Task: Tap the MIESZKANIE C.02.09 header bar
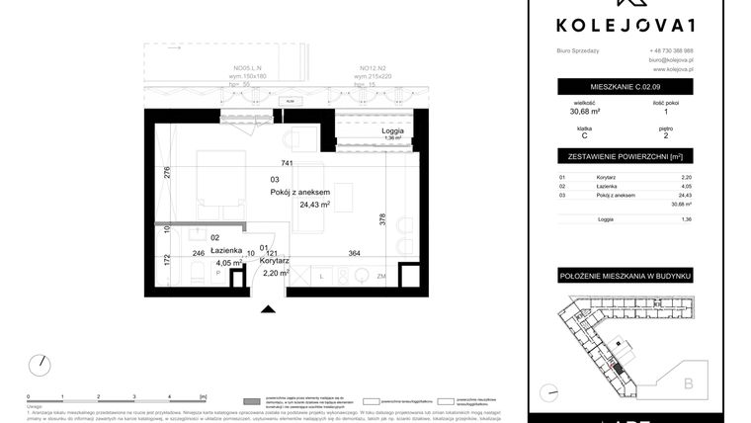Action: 624,87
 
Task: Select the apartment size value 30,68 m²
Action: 583,113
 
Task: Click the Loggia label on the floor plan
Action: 393,130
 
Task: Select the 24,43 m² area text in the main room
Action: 314,205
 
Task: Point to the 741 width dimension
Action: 288,162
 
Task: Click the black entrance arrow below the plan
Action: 266,309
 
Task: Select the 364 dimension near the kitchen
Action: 355,253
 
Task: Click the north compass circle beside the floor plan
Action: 40,365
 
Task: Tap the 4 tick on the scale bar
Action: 171,394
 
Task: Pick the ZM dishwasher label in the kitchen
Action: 380,278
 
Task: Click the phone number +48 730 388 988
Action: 671,50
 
